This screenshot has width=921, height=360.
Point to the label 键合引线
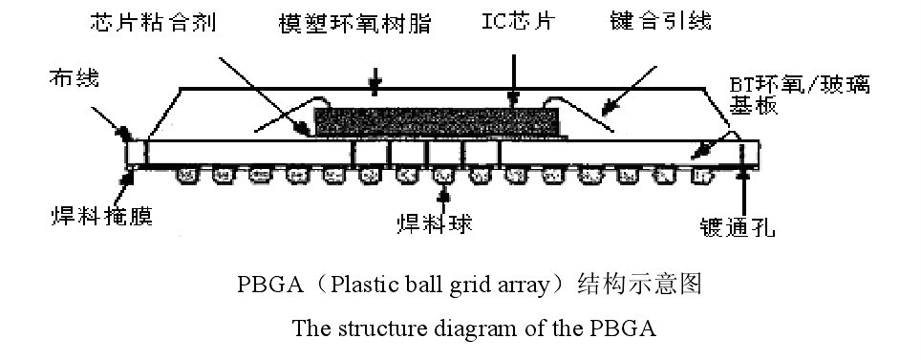click(660, 20)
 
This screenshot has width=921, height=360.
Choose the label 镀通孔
click(737, 226)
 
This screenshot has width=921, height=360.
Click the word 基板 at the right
click(748, 109)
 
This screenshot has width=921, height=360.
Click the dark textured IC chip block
click(436, 122)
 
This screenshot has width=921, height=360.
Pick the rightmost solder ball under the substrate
click(700, 175)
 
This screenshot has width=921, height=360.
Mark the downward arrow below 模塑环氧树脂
click(375, 84)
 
